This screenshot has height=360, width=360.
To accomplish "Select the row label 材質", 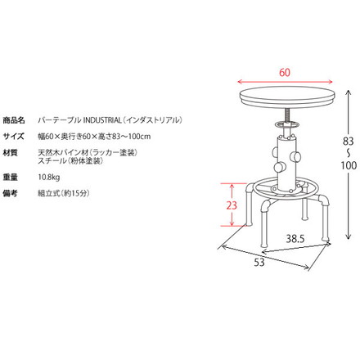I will (12, 152).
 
